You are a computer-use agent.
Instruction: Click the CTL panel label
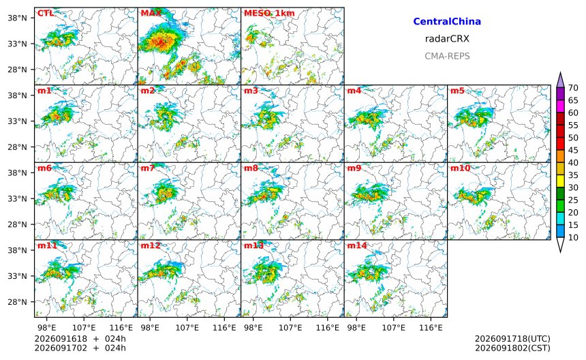coord(45,14)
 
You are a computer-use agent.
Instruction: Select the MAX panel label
coord(151,14)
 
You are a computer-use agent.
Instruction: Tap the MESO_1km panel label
coord(269,14)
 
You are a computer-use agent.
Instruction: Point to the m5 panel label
coord(457,91)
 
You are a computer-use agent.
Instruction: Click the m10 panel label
coord(460,168)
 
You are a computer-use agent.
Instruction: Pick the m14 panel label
coord(357,245)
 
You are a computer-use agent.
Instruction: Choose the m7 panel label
coord(148,168)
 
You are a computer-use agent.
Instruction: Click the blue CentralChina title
coord(447,22)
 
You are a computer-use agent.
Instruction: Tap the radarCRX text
coord(447,39)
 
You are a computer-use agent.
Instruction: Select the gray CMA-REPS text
coord(447,56)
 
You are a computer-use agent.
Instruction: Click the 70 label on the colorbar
coord(573,88)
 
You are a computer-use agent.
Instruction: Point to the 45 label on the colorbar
coord(573,150)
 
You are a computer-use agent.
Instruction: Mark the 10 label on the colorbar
coord(573,237)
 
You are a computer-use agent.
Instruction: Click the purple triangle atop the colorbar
coord(560,80)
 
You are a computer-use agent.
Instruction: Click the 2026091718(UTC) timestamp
coord(512,339)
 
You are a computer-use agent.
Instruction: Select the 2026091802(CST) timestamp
coord(512,348)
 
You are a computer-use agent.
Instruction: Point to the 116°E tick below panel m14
coord(431,328)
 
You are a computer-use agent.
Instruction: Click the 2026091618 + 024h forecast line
coord(80,339)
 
